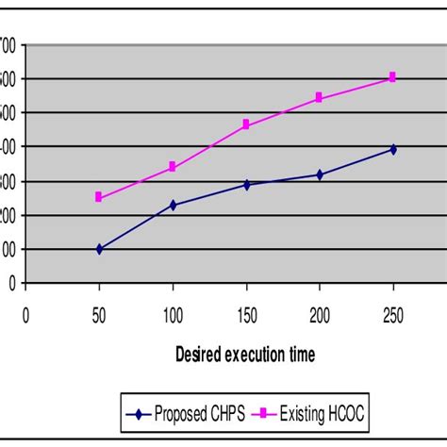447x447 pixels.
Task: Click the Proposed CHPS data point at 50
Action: point(99,249)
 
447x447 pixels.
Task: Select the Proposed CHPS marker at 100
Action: point(173,205)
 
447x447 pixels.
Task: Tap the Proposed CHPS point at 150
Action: point(246,185)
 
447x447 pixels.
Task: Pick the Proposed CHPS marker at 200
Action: point(320,174)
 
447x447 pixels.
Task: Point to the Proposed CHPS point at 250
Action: point(393,149)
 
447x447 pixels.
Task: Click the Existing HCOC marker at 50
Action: point(99,197)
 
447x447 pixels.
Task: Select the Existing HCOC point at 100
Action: point(173,167)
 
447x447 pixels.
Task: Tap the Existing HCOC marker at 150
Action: point(246,124)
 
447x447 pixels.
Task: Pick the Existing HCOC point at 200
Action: point(320,97)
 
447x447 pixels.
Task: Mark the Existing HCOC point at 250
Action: point(393,77)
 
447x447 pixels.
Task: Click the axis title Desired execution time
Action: point(245,355)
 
